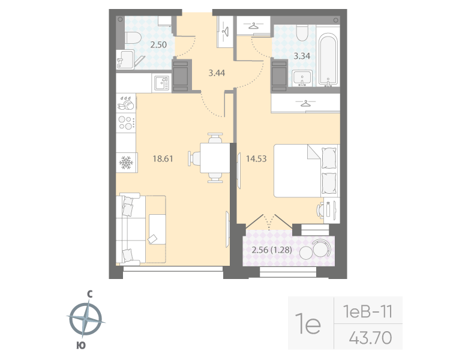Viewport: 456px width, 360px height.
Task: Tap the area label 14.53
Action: coord(256,159)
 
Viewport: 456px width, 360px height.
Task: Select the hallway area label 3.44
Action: coord(217,73)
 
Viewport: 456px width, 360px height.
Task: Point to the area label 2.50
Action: coord(158,44)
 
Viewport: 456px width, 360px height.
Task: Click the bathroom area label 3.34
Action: coord(302,57)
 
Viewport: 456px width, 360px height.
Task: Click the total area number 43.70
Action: coord(370,338)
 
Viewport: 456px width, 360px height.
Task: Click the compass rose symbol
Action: coord(85,319)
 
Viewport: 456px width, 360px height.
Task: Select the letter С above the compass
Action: coord(89,294)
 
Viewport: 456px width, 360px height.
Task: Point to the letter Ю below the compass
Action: coord(80,345)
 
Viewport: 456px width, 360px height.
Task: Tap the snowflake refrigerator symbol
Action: coord(126,162)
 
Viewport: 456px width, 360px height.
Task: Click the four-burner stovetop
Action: coord(126,123)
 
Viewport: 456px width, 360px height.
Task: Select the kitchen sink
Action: coord(160,83)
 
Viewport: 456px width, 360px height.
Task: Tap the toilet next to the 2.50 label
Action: coord(133,38)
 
